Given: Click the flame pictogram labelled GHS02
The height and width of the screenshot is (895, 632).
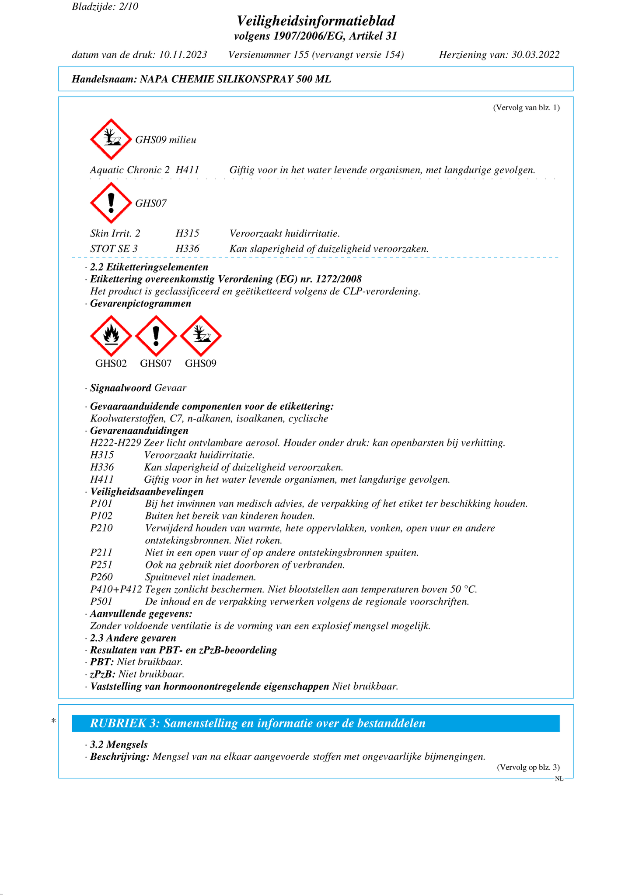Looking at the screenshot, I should point(111,336).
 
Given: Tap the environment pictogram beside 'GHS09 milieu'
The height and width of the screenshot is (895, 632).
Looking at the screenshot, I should point(111,139).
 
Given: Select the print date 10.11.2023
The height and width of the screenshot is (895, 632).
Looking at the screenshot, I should point(183,55).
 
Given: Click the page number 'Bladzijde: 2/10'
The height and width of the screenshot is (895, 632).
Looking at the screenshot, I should point(105,7).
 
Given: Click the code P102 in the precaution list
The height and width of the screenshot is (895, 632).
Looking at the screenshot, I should point(101,516).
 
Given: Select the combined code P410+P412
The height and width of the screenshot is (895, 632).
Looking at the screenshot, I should point(116,589).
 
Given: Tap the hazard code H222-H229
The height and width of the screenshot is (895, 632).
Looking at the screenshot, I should point(115,443).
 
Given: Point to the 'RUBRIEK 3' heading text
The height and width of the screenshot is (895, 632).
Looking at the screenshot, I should point(258,723).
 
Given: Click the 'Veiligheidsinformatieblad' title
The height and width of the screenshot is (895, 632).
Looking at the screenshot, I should point(316,21).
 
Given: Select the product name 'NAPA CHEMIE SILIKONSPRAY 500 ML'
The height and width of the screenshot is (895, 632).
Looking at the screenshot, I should point(235,79).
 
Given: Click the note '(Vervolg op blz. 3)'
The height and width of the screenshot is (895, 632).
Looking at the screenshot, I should point(528,767).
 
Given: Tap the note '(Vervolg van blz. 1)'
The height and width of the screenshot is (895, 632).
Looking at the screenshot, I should point(526,108).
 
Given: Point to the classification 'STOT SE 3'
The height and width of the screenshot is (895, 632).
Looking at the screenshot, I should point(114,249).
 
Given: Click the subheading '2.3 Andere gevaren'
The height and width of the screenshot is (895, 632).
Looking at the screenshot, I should point(133,638).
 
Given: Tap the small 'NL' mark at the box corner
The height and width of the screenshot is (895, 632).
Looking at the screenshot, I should point(559,779).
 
